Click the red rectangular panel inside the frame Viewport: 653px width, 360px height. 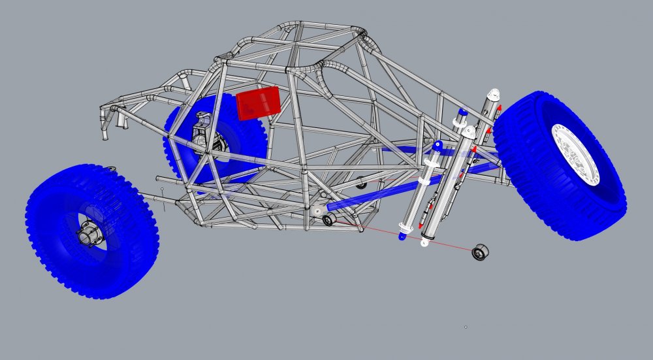click(x=259, y=103)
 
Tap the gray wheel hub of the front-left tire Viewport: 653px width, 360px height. click(x=87, y=234)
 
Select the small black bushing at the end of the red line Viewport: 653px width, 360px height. click(x=481, y=252)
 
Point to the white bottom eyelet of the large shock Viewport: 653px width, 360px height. click(x=426, y=243)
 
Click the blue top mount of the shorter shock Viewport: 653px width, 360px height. click(x=438, y=145)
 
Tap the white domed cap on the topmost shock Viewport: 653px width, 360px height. click(x=494, y=93)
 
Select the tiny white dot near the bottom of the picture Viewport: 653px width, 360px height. click(x=466, y=327)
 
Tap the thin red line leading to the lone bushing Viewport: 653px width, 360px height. click(x=418, y=239)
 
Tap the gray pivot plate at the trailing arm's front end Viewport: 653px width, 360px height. click(x=316, y=210)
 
